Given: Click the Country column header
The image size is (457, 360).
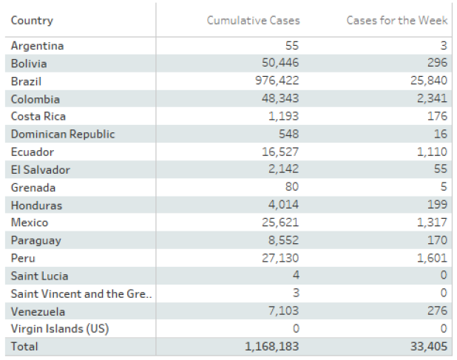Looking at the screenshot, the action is click(32, 21).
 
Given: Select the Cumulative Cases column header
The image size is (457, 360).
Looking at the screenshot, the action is click(254, 21).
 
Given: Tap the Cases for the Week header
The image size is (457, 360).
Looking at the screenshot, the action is click(396, 21).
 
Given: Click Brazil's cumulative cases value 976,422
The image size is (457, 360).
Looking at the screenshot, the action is click(277, 81).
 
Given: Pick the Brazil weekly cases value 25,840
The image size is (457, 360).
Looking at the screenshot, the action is click(429, 81).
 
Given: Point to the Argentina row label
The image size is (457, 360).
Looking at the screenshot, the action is click(37, 46).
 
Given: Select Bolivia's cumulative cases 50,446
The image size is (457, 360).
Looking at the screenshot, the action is click(280, 63).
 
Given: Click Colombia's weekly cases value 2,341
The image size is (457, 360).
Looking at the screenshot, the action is click(432, 98).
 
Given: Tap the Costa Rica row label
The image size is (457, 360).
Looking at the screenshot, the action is click(38, 117).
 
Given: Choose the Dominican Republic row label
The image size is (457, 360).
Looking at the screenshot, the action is click(63, 135).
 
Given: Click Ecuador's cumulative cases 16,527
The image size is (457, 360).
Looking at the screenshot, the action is click(280, 152).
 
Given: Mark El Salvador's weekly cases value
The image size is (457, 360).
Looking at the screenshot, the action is click(441, 169).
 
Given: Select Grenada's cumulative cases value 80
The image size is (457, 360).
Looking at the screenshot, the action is click(292, 187).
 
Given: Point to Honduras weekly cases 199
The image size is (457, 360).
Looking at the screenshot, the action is click(437, 205).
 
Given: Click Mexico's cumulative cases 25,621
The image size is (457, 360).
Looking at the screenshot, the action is click(280, 223).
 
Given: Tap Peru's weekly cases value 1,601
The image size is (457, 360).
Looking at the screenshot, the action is click(432, 258).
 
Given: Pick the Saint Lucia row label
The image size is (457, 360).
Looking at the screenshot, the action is click(39, 276).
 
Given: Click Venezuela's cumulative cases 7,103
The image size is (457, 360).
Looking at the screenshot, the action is click(283, 311).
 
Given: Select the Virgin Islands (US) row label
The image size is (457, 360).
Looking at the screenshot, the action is click(60, 329).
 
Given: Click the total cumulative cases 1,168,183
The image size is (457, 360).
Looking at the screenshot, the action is click(271, 347).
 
